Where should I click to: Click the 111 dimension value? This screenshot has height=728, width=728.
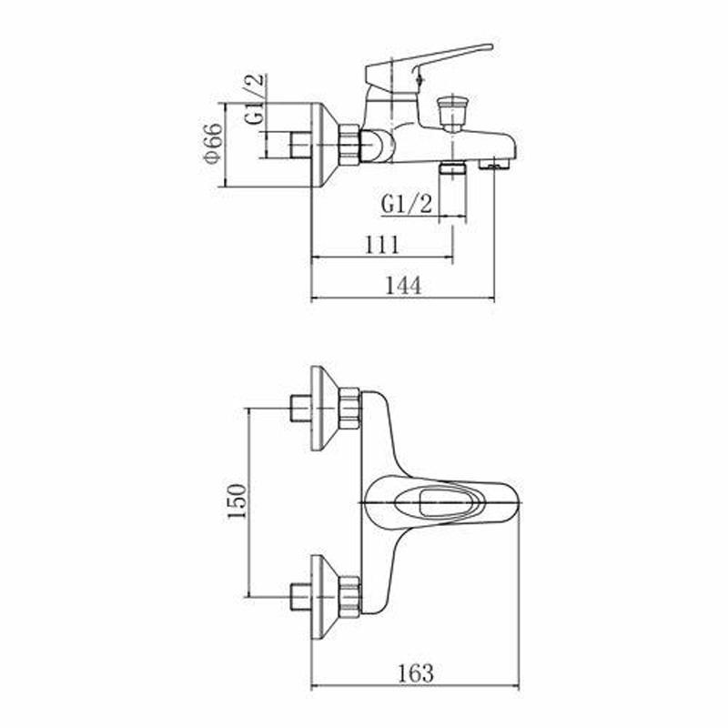coord(381,244)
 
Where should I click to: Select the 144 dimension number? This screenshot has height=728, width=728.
coord(403,285)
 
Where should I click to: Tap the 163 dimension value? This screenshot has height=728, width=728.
coord(416,672)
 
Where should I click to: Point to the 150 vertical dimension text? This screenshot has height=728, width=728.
coord(237,501)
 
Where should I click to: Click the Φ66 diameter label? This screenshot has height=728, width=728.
coord(213,144)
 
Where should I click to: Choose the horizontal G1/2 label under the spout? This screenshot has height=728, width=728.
coord(406,204)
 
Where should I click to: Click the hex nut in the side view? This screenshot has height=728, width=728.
coord(349,144)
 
